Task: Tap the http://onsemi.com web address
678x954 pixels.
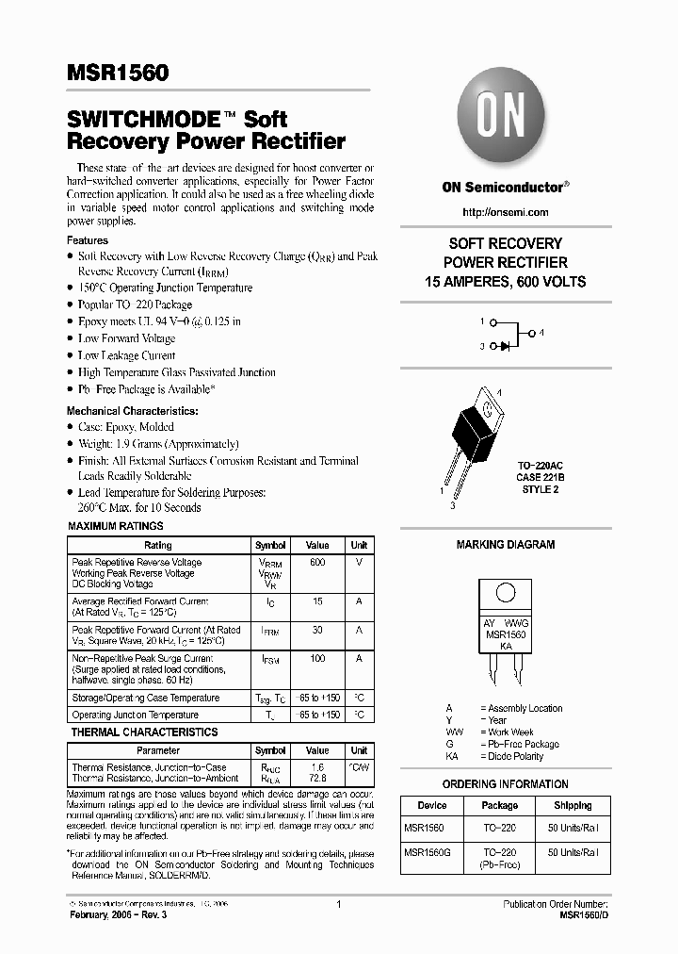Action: [506, 212]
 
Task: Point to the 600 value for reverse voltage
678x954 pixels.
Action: [317, 562]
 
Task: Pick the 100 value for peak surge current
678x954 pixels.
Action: [317, 658]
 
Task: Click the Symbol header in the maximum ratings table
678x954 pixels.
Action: [270, 546]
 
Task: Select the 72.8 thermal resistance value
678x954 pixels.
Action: [317, 779]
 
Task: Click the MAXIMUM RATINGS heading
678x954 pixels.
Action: [116, 526]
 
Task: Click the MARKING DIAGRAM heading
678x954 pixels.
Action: [506, 545]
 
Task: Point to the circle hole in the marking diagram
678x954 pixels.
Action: [506, 594]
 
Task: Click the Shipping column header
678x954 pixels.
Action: [573, 806]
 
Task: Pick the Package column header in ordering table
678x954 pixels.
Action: [499, 806]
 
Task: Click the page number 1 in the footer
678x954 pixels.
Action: [338, 905]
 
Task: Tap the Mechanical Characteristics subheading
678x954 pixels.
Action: [132, 411]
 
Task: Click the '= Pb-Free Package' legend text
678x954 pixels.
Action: [519, 744]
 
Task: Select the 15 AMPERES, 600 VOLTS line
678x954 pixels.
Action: [506, 282]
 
